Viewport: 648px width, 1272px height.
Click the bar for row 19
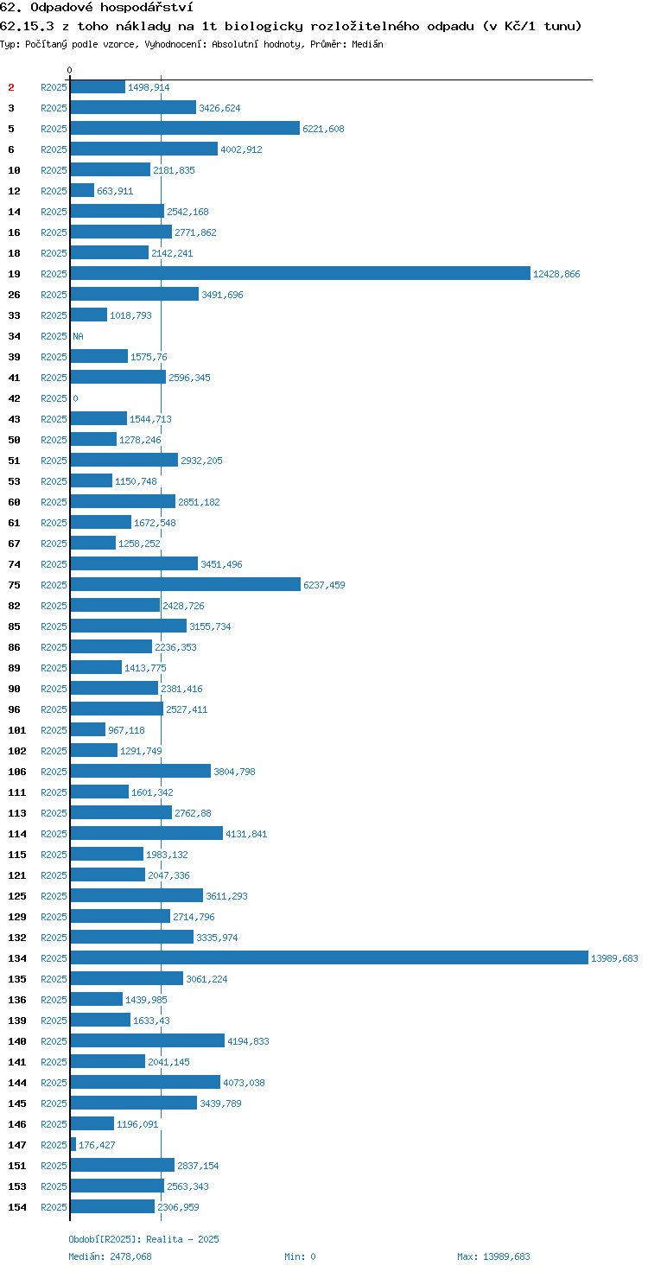pos(301,273)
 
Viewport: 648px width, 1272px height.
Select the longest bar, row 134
pos(329,957)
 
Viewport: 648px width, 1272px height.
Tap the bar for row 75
pos(186,584)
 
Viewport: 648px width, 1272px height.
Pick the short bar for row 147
pos(73,1144)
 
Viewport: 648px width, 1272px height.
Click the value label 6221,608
pos(323,129)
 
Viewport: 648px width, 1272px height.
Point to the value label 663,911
pos(115,191)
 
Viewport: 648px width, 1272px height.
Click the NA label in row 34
pos(78,336)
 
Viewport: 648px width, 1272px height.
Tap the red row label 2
pos(11,87)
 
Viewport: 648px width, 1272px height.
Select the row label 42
pos(14,398)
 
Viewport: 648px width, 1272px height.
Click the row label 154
pos(17,1206)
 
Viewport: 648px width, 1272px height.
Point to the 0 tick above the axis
pos(69,70)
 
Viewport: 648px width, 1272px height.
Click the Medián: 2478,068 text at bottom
pos(111,1256)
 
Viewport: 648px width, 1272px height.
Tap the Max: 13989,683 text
pos(493,1256)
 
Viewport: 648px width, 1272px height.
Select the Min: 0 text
pos(300,1256)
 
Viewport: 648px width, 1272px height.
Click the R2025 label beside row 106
pos(54,771)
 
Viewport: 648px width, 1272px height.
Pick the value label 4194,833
pos(248,1041)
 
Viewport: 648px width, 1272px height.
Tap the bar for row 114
pos(147,833)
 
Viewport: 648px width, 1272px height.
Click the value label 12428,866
pos(556,274)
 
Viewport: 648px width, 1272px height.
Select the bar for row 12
pos(82,190)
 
